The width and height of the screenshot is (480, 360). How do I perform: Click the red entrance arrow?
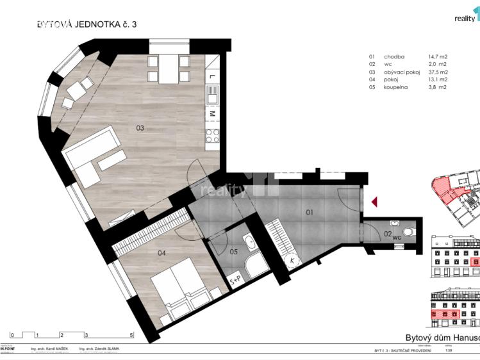click(x=375, y=202)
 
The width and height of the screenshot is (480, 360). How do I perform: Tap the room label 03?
click(x=140, y=128)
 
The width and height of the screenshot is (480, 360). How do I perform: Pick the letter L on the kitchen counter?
click(x=212, y=77)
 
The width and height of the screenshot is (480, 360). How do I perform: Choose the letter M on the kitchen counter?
click(x=212, y=114)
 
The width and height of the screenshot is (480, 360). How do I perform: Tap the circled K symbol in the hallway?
click(x=274, y=261)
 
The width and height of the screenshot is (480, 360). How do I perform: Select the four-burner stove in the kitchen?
click(x=212, y=135)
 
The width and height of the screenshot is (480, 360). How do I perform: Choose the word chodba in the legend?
click(x=394, y=56)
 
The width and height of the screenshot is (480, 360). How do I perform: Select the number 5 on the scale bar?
click(x=131, y=335)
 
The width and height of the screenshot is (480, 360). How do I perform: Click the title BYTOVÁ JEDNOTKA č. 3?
click(x=87, y=24)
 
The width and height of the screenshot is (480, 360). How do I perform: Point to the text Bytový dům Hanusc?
click(x=442, y=338)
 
